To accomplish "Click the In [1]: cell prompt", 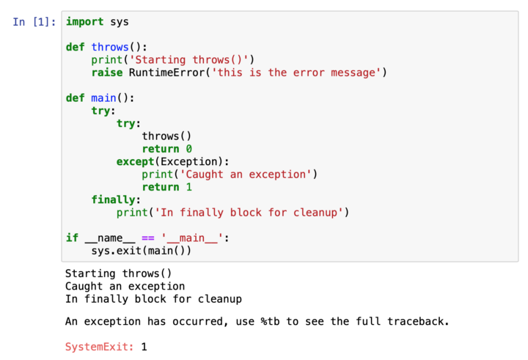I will (34, 22).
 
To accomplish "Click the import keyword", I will (84, 22).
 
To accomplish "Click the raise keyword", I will (106, 73).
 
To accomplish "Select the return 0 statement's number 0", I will (188, 149).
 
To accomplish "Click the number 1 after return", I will (188, 187).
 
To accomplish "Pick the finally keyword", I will (113, 199).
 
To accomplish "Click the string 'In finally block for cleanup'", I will (246, 213).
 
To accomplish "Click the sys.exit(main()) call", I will (141, 251).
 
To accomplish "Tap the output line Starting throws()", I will (119, 273).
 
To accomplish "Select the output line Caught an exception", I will (125, 286).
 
